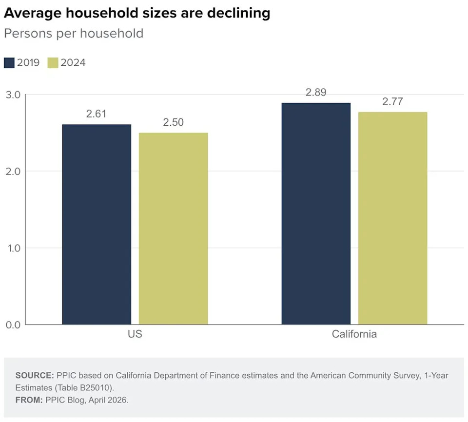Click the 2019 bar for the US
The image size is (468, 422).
[97, 224]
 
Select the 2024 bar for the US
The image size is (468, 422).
[173, 228]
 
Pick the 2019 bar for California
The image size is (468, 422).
[316, 213]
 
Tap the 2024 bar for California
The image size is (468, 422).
[392, 218]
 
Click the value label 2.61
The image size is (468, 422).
[96, 114]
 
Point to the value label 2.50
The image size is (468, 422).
[173, 122]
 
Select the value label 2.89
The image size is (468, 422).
[316, 93]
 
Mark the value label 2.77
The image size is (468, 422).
[392, 102]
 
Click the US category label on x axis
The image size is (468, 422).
[135, 334]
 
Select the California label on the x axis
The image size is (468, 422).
[354, 334]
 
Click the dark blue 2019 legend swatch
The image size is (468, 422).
[9, 63]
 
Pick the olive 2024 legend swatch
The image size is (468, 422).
[53, 63]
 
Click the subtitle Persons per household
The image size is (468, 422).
[74, 34]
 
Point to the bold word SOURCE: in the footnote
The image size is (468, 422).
[35, 376]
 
